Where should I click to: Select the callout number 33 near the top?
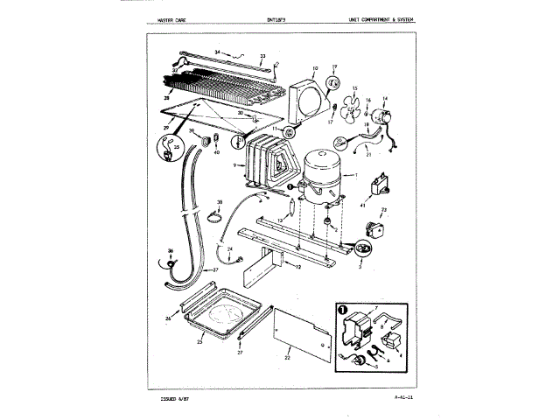pyautogui.click(x=262, y=56)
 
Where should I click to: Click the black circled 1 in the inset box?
pyautogui.click(x=342, y=310)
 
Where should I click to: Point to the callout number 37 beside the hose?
pyautogui.click(x=215, y=271)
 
